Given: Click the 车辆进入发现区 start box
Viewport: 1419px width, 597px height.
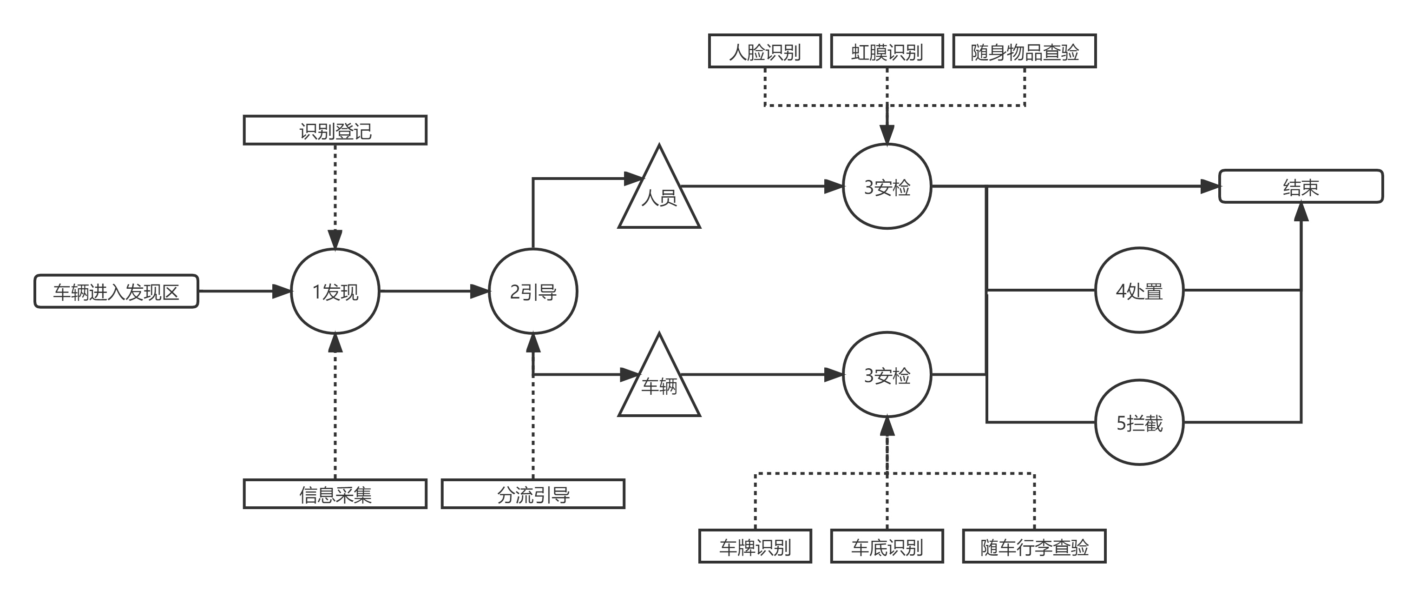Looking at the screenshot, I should (x=116, y=291).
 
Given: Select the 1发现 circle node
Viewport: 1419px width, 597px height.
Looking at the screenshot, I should (x=335, y=291).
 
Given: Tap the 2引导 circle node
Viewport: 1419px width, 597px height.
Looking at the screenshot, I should (x=532, y=291).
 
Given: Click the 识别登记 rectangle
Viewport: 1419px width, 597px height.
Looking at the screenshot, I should (x=335, y=131).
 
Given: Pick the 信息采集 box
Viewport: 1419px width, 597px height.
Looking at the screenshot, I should (x=335, y=494).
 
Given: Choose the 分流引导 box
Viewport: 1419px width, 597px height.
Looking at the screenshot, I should (x=532, y=494).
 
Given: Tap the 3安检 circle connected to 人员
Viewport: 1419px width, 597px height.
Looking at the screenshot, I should (x=887, y=187).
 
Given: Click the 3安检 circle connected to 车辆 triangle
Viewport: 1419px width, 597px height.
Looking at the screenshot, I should (x=887, y=375).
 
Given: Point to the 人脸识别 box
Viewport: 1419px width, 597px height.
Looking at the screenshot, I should (x=765, y=51).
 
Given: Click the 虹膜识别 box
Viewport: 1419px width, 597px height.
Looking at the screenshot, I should (x=887, y=51).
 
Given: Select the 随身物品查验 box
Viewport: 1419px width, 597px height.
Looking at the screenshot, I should (x=1024, y=51).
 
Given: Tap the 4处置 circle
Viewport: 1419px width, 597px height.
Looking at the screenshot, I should (x=1139, y=291).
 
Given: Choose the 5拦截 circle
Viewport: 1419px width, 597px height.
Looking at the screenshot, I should (x=1139, y=422).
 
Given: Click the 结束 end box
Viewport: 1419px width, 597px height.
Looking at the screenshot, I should (x=1301, y=187).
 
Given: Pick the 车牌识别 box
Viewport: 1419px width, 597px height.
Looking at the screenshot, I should (x=755, y=546).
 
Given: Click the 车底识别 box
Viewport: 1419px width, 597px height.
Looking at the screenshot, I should (x=887, y=546).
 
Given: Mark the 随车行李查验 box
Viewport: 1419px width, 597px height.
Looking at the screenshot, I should (x=1034, y=546).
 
